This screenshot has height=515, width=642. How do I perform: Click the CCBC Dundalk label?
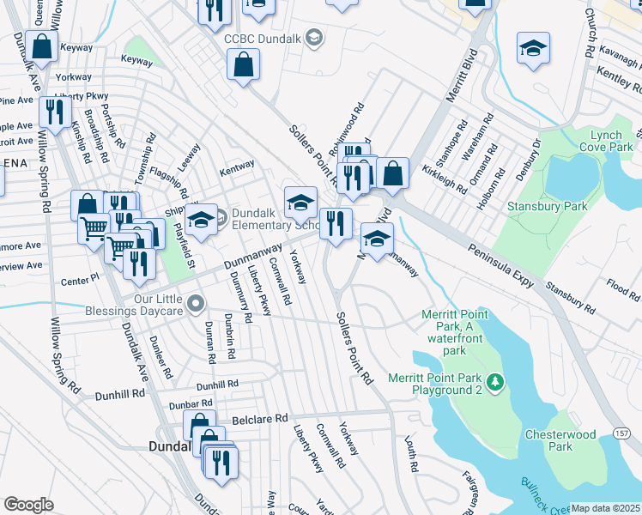click(263, 38)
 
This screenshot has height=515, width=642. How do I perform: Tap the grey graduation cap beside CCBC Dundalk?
click(314, 37)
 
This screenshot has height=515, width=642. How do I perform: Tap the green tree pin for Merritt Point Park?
click(494, 381)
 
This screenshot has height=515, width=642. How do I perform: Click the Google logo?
click(28, 505)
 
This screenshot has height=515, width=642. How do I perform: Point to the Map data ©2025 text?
click(605, 508)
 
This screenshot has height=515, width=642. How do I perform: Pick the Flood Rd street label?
click(622, 290)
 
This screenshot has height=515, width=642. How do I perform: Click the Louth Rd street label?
click(411, 455)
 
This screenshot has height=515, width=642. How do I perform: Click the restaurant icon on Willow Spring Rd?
click(55, 113)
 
